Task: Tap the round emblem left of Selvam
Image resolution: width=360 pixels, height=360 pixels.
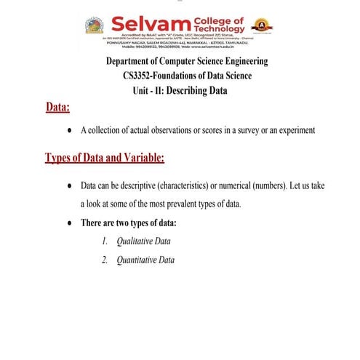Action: [95, 25]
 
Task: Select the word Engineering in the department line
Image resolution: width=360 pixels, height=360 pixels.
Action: [242, 62]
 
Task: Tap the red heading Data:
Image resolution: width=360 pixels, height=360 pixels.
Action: [57, 108]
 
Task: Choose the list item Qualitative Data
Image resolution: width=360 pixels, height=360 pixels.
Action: [144, 241]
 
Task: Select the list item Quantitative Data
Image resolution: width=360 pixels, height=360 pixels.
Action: [145, 260]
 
